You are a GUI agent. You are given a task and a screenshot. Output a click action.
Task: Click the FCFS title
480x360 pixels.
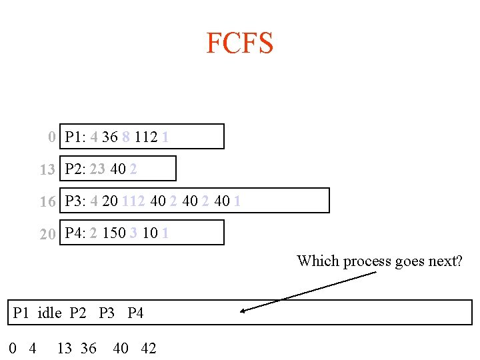point(239,43)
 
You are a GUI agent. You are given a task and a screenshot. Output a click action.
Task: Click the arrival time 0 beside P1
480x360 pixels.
point(52,137)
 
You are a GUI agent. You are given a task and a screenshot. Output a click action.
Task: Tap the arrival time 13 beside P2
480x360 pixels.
point(47,169)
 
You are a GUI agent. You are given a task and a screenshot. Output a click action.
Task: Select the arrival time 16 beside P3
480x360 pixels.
point(47,201)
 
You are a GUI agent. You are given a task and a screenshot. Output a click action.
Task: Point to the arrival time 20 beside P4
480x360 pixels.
point(47,233)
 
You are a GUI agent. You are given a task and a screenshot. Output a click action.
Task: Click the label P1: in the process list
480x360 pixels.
point(75,137)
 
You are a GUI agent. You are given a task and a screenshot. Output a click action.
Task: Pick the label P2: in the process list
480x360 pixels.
point(75,169)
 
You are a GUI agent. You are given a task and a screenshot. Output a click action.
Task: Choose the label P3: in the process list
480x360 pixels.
point(75,201)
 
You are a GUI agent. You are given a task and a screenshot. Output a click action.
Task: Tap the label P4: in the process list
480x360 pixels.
point(75,233)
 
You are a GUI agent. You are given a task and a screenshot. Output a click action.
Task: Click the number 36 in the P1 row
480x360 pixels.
point(110,137)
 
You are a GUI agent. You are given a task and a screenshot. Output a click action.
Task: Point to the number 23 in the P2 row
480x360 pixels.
point(97,169)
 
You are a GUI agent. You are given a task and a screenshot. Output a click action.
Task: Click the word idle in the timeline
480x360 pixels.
point(50,313)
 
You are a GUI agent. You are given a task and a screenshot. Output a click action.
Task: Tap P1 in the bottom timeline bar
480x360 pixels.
point(21,313)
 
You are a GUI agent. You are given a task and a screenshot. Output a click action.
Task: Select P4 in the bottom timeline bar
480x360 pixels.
point(135,313)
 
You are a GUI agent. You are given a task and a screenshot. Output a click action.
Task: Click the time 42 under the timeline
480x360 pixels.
point(149,348)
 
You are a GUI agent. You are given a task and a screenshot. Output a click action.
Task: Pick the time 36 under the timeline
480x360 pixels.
point(88,348)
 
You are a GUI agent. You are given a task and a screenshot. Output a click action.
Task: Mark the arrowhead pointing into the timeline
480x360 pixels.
point(244,310)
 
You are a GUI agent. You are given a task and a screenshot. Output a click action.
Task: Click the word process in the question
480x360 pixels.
point(367,261)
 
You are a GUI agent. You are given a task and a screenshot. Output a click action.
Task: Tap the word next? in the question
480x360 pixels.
point(445,261)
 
